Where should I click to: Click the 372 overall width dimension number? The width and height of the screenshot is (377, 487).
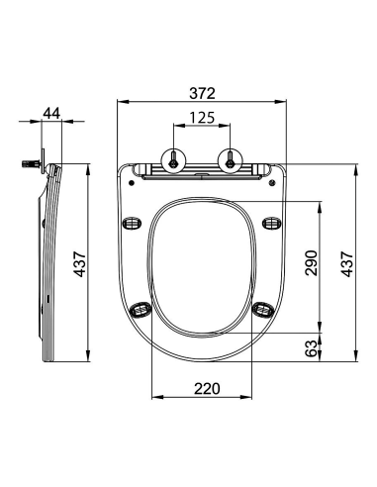tap(202, 91)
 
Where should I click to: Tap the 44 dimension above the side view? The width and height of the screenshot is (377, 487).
tap(51, 112)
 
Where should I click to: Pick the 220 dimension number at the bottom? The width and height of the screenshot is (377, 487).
tap(205, 388)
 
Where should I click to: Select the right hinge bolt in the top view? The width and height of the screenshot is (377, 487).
tap(231, 159)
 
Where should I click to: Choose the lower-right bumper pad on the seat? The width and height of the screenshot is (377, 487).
tap(262, 310)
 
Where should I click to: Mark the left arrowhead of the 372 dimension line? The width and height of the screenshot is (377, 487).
tap(122, 103)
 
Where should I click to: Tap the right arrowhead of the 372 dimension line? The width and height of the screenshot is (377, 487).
tap(282, 103)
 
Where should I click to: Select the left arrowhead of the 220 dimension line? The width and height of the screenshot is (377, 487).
tap(154, 399)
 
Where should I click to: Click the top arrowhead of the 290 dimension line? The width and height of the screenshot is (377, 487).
tap(321, 205)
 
